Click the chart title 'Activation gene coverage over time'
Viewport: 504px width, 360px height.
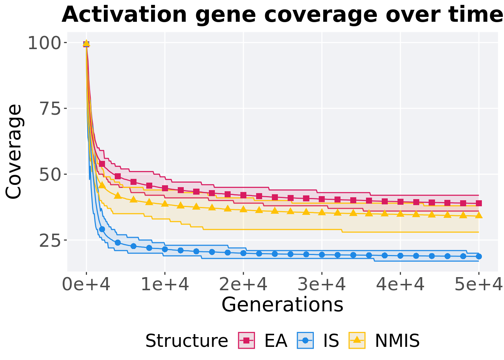point(282,15)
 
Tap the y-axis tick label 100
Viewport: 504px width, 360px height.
point(45,43)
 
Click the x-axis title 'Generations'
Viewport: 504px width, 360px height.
point(282,304)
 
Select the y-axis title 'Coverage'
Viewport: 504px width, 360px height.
point(14,151)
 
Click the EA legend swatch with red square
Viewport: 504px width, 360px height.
point(246,340)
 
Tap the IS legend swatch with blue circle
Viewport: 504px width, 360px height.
point(305,340)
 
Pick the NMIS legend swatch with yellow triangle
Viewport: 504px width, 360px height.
point(357,340)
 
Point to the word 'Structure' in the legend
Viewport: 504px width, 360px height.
point(186,341)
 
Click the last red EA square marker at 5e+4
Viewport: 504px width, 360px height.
point(479,203)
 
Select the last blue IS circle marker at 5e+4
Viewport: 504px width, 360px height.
point(479,256)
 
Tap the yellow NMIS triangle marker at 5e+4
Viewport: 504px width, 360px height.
point(479,215)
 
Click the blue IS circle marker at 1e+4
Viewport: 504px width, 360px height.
point(165,249)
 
